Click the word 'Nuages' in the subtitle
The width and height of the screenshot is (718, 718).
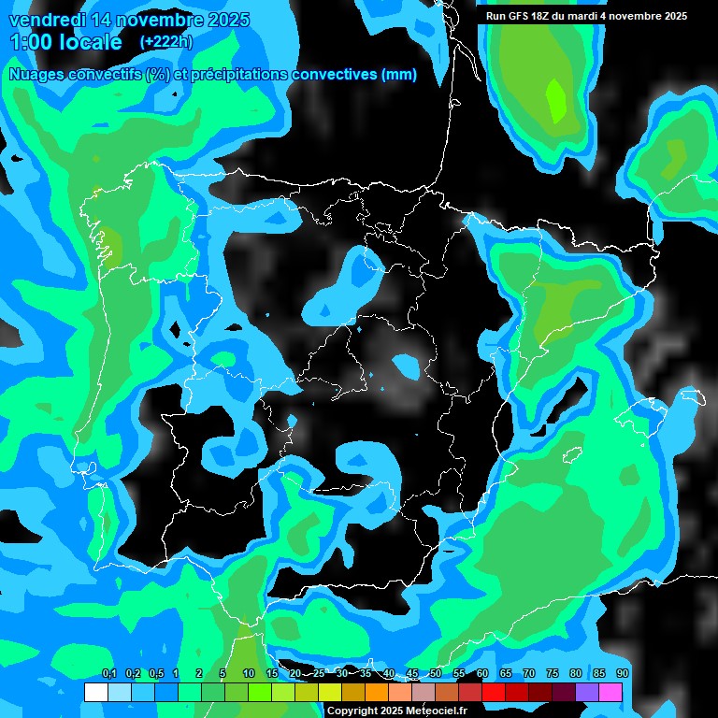36,74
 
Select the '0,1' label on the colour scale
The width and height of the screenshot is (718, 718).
108,674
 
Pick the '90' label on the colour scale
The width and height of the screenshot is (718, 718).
622,674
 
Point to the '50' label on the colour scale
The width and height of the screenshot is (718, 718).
436,674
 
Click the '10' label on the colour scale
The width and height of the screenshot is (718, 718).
249,674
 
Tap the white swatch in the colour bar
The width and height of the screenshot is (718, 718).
95,693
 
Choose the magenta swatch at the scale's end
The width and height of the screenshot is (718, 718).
610,693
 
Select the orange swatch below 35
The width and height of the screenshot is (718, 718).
377,693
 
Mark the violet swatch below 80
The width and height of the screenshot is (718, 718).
587,693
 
